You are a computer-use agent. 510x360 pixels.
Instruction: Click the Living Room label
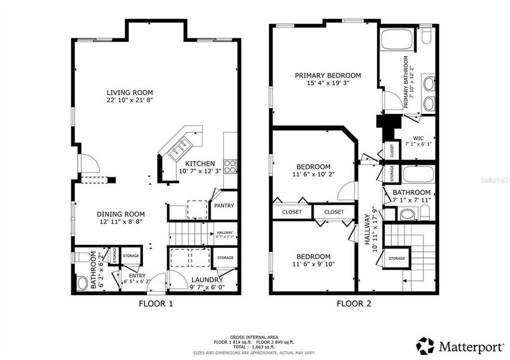(129, 92)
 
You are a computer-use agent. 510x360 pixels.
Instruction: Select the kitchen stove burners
(229, 166)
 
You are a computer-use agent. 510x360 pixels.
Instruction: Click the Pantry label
(223, 205)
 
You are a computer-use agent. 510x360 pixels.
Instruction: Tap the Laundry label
(206, 280)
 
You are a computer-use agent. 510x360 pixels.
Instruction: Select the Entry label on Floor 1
(137, 275)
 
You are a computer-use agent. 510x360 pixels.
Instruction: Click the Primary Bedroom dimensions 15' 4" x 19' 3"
(327, 83)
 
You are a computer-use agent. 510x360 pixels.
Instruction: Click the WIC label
(418, 138)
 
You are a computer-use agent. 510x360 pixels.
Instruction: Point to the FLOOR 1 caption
(155, 303)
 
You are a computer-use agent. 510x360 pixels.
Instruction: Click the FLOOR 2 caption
(353, 303)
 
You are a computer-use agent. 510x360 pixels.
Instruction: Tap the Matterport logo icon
(425, 345)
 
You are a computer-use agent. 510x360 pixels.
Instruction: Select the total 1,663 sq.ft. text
(254, 346)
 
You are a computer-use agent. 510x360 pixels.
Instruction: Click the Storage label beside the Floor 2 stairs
(396, 258)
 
